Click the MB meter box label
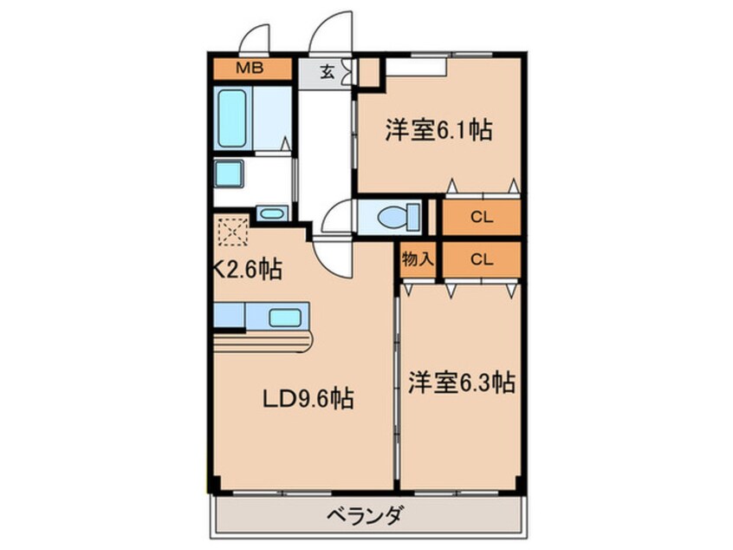tap(250, 69)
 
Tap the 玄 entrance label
tap(328, 73)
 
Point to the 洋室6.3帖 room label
tap(462, 382)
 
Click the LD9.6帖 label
tap(308, 399)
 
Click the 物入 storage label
tap(418, 259)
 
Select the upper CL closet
tap(482, 217)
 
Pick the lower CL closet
tap(482, 259)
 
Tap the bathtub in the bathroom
tap(232, 118)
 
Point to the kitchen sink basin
tap(285, 318)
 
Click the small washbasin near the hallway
tap(271, 214)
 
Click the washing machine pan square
tap(229, 174)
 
